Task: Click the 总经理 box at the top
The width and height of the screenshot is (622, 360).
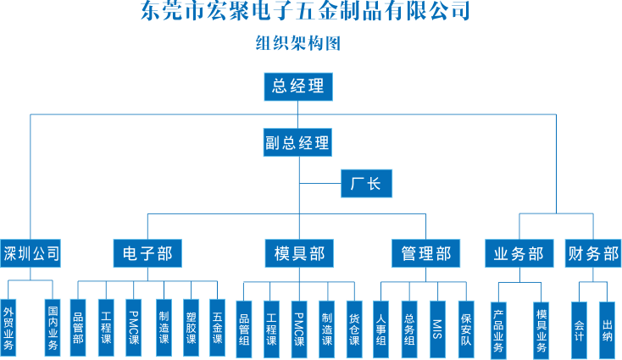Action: (x=297, y=86)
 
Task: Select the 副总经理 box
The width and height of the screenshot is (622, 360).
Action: (x=297, y=143)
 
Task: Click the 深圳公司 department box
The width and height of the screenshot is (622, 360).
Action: (x=31, y=252)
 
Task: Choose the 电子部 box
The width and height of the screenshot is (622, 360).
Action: (x=147, y=252)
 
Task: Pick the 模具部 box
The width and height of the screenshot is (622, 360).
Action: (x=298, y=252)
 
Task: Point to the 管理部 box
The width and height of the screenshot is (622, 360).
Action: (x=425, y=252)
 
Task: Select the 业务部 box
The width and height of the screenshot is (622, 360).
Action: (x=518, y=252)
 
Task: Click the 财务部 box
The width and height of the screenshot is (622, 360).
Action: (x=592, y=252)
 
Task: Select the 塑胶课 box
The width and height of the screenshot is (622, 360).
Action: (x=191, y=323)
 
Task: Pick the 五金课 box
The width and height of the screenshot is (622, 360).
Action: (x=217, y=323)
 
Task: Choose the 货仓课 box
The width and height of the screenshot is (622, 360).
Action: (x=354, y=324)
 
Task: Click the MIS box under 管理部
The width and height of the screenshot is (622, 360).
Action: (x=437, y=324)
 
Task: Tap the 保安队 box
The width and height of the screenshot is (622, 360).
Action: (x=465, y=324)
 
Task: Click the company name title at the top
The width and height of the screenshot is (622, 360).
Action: (x=304, y=12)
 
